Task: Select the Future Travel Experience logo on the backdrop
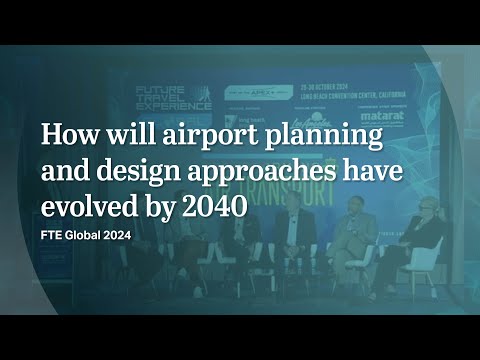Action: [173, 97]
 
